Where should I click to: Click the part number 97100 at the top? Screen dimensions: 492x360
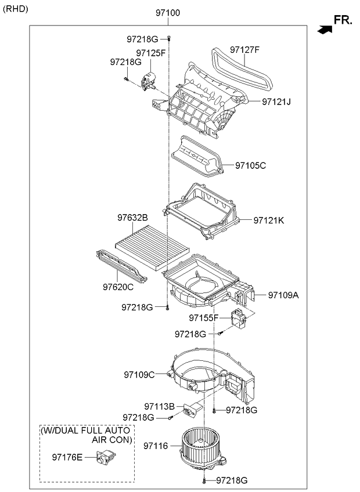coord(168,12)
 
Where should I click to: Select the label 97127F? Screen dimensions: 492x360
coord(244,49)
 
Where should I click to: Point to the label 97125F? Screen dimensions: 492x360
coord(151,53)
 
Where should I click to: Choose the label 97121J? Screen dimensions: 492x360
coord(276,102)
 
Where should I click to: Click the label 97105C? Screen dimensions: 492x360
coord(250,165)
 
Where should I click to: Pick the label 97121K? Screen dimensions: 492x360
coord(268,220)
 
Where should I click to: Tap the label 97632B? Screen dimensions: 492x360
coord(133,217)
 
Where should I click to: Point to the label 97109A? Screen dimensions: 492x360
coord(283,295)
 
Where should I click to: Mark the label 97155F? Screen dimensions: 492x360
coord(204,318)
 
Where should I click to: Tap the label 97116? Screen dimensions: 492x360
coord(156,446)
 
